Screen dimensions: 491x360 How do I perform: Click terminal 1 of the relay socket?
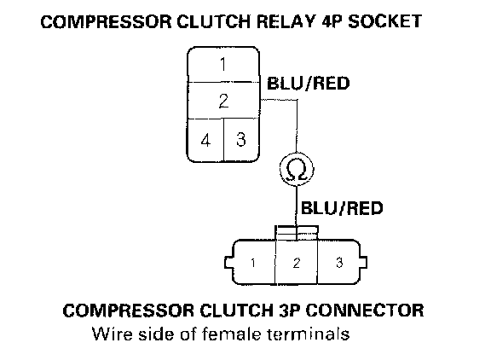click(223, 65)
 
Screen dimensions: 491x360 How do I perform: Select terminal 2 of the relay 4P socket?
click(223, 101)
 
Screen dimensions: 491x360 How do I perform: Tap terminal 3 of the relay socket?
click(241, 140)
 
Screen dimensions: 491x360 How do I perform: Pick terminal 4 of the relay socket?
click(205, 140)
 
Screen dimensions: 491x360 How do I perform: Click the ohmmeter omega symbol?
click(297, 170)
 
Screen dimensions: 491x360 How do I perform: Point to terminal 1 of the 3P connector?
click(253, 263)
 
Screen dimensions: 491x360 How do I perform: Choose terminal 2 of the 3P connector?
click(297, 263)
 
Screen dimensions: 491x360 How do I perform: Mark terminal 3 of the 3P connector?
click(339, 263)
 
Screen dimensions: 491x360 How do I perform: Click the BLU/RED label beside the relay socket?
click(308, 84)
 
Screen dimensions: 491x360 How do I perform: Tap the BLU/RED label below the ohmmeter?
click(342, 208)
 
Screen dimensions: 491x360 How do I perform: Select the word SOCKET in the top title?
click(385, 21)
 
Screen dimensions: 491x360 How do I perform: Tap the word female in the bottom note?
click(231, 334)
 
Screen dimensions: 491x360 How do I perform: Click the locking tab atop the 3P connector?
click(297, 233)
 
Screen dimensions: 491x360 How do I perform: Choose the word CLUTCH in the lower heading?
click(236, 311)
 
